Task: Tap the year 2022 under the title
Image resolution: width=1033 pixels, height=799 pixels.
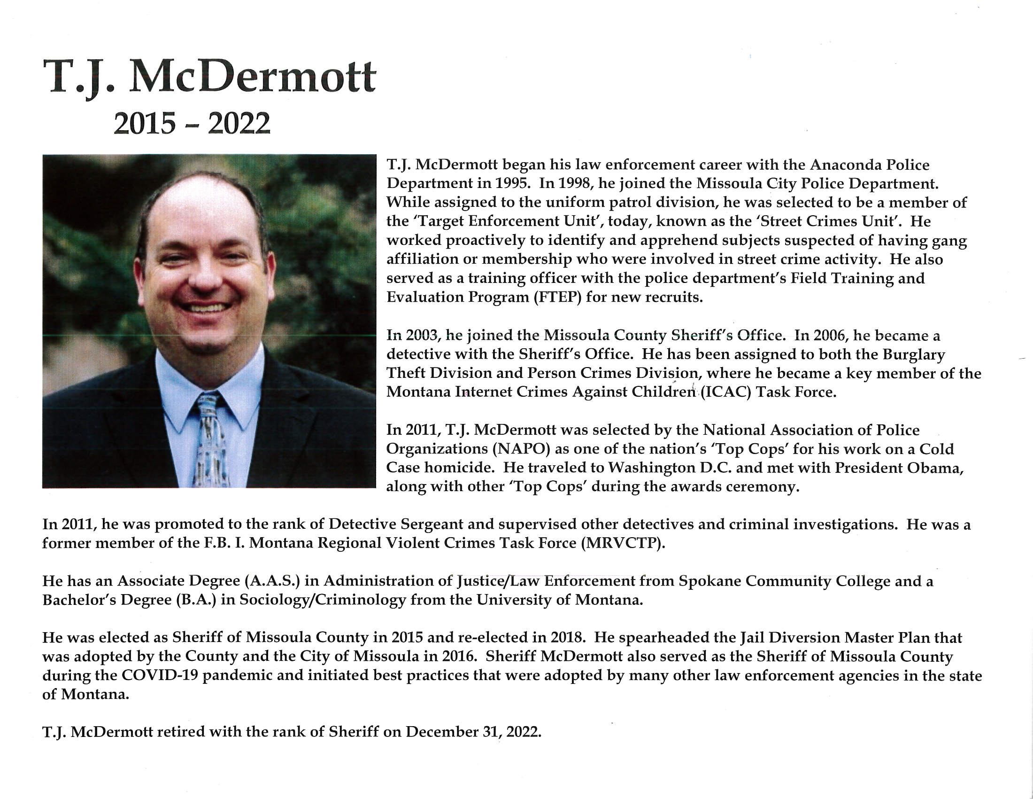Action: pyautogui.click(x=239, y=124)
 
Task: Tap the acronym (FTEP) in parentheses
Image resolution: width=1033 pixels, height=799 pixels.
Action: pyautogui.click(x=558, y=297)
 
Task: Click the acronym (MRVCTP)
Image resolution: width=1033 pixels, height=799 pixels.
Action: pyautogui.click(x=623, y=543)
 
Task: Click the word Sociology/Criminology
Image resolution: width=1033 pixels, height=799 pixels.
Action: pyautogui.click(x=323, y=600)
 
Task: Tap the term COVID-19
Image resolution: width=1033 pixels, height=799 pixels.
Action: pyautogui.click(x=160, y=675)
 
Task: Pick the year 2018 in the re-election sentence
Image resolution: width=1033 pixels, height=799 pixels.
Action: pyautogui.click(x=566, y=637)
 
